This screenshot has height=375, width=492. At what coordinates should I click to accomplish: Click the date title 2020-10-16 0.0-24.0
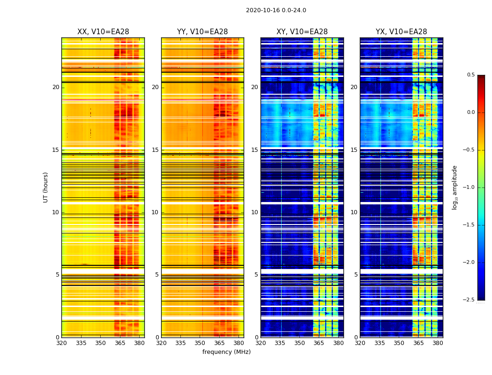coord(276,10)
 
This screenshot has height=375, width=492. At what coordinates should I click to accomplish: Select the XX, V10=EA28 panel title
coord(103,32)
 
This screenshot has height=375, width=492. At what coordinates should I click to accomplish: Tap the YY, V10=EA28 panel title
coord(202,32)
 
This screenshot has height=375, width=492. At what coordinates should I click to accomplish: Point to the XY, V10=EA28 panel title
coord(302,32)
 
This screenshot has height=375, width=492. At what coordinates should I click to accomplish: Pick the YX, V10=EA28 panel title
coord(402,32)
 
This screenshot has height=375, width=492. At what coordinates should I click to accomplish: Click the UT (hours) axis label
coord(46,187)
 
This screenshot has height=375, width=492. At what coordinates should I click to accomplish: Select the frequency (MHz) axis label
coord(226,352)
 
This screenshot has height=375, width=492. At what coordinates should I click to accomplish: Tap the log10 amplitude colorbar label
coord(455,187)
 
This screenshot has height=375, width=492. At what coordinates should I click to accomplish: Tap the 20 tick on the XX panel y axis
coord(56,87)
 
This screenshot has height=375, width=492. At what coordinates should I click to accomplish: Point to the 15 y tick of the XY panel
coord(254,150)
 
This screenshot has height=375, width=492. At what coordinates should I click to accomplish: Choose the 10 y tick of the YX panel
coord(354,212)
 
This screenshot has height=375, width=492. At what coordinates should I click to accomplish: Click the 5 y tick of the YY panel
coord(157,275)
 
